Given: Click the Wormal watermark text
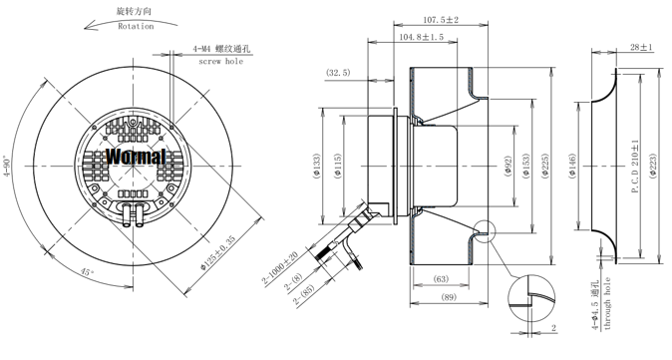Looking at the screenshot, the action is (136, 157).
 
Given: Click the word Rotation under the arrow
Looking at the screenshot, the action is (136, 26).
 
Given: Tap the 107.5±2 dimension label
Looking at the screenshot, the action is (441, 20).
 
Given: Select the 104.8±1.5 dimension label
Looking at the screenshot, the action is (422, 37).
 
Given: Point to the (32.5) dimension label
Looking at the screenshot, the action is (338, 73).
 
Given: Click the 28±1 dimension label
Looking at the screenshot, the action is (641, 47).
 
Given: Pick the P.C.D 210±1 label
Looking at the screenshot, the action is (635, 167).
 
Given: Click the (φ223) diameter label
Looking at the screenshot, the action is (652, 166).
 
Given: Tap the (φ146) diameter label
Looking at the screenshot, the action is (573, 166).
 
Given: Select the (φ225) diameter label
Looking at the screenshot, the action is (544, 166).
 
